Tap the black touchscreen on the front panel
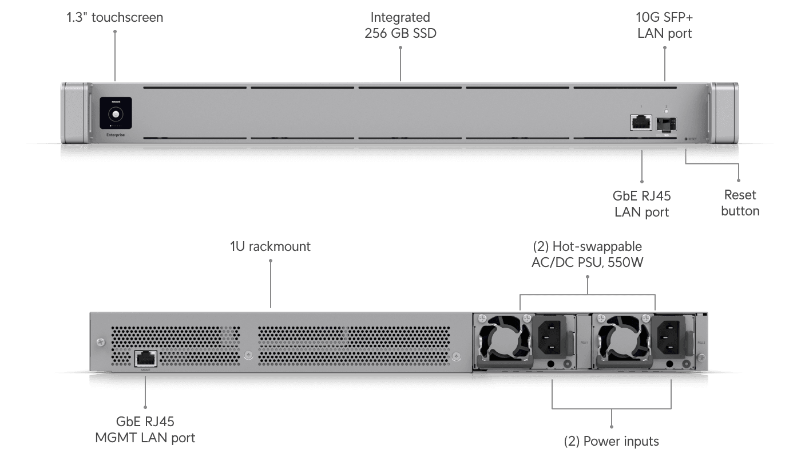(116, 113)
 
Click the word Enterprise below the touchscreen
(116, 136)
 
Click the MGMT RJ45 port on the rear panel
(145, 359)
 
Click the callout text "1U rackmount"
(270, 247)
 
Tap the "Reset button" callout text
(740, 203)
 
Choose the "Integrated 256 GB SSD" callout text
(400, 25)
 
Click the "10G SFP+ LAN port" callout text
(664, 25)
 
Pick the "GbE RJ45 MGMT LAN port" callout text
(146, 430)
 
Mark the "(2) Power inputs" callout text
(612, 441)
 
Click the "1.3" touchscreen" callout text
(114, 18)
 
